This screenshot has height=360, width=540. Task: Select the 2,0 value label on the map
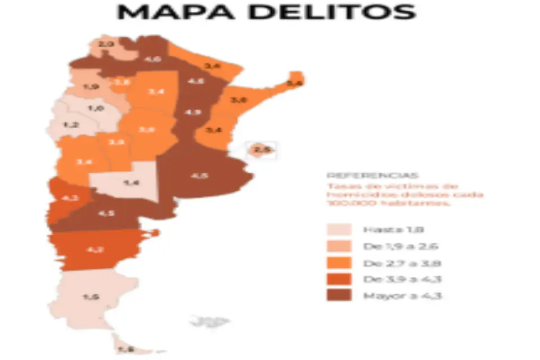pos(107,43)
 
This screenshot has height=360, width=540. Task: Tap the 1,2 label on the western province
pos(71,125)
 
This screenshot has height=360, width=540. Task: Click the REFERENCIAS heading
pos(364,175)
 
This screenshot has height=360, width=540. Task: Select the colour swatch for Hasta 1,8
pos(339,229)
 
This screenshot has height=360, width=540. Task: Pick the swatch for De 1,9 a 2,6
pos(339,246)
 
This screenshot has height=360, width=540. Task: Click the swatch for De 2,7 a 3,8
pos(339,263)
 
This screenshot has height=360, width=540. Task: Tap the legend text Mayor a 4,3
pos(402,295)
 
